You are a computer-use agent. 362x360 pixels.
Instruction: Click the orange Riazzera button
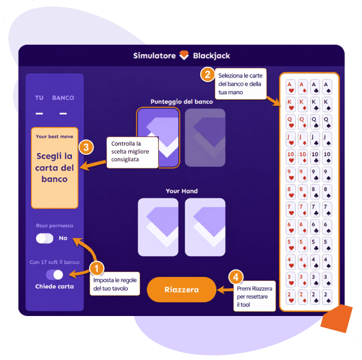click(182, 289)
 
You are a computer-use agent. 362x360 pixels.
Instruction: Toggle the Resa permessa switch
click(45, 238)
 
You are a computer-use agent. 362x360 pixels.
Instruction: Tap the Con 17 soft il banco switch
click(55, 274)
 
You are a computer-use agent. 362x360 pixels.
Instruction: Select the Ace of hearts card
click(291, 87)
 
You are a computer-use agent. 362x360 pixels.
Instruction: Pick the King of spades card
click(327, 105)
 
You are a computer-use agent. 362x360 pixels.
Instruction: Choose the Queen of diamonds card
click(302, 122)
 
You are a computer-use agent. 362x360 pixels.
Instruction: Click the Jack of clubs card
click(315, 139)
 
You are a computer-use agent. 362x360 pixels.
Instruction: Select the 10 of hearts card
click(291, 157)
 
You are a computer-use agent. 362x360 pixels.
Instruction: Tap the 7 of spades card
click(327, 209)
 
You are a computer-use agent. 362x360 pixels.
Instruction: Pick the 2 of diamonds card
click(302, 297)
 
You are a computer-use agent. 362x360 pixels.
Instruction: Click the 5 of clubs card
click(315, 245)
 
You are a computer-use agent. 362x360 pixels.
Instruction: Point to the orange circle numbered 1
click(97, 268)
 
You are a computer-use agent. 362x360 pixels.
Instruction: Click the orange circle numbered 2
click(207, 74)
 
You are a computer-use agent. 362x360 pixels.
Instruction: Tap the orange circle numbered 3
click(86, 147)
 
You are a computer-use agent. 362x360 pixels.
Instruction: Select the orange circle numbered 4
click(236, 277)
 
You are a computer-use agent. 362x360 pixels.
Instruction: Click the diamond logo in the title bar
click(184, 55)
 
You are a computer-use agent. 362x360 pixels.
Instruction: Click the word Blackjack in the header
click(211, 56)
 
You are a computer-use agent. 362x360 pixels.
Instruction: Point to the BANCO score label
click(63, 98)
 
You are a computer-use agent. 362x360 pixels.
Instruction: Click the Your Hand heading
click(182, 191)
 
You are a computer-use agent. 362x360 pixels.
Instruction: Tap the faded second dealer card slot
click(205, 138)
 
